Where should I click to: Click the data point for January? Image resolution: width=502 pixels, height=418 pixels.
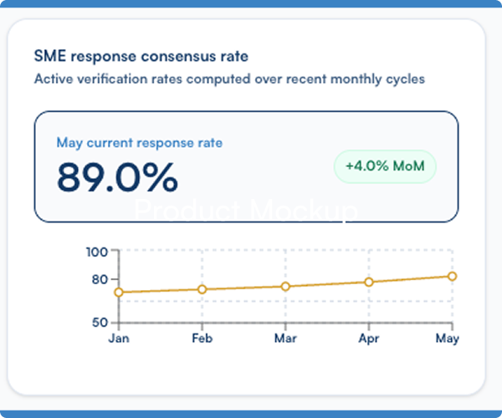[119, 292]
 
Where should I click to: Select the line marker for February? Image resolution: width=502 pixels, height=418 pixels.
[202, 289]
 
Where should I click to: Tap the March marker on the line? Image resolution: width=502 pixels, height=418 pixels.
[285, 286]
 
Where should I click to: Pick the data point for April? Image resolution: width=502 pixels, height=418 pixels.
[369, 282]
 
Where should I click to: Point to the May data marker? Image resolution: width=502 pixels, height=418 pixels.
[452, 277]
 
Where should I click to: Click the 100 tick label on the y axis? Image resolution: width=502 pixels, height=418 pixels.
[97, 252]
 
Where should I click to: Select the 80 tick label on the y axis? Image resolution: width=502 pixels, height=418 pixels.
[100, 279]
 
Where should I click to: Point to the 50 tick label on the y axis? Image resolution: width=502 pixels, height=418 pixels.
[100, 322]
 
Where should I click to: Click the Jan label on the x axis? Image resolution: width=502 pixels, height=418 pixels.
[119, 338]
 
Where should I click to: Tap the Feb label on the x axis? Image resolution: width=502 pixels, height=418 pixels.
[202, 338]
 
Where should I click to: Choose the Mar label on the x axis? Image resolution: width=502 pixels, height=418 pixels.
[285, 338]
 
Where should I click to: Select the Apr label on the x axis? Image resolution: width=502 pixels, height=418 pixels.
[369, 339]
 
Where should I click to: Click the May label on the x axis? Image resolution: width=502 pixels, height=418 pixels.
[448, 339]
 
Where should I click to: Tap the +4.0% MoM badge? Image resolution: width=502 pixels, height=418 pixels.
[385, 166]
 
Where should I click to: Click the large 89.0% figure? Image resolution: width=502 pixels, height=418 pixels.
[117, 177]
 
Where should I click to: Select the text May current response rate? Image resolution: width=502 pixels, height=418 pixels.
[140, 143]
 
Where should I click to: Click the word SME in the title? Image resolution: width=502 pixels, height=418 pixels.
[50, 56]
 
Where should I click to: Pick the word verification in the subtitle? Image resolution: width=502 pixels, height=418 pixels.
[112, 79]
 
